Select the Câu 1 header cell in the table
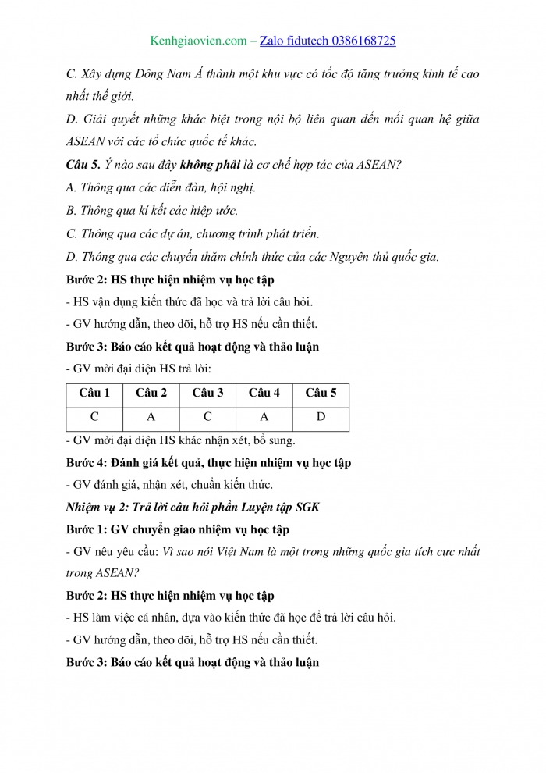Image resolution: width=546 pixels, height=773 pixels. coord(94,394)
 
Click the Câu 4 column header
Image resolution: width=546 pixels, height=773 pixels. coord(264,394)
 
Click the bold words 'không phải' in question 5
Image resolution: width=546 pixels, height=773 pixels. coord(206,165)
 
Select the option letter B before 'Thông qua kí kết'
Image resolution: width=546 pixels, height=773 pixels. coord(72,211)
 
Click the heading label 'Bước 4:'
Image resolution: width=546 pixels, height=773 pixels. coord(87,462)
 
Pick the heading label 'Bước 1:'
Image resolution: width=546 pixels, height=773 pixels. coord(87,529)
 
